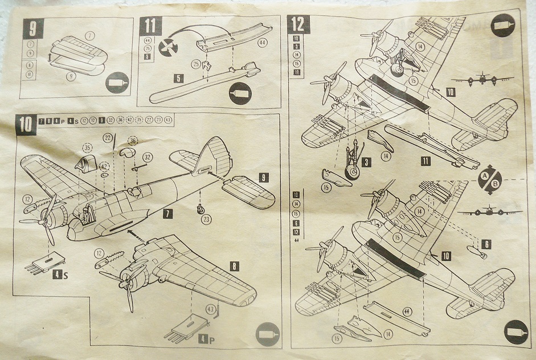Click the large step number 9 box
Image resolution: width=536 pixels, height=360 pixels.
pos(32,28)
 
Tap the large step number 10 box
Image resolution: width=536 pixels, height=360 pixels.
pos(27,124)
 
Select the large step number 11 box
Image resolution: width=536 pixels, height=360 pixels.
pos(150,27)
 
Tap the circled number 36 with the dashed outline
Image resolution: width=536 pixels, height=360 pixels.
pos(133,140)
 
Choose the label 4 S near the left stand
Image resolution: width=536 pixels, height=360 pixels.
pos(61,274)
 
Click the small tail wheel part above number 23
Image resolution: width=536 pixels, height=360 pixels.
pos(201,208)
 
